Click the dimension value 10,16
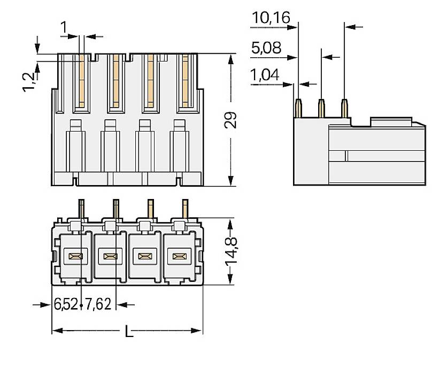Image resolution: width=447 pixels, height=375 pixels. point(271,18)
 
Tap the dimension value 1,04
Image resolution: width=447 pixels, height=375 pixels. point(265,75)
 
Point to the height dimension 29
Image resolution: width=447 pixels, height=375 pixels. point(230,120)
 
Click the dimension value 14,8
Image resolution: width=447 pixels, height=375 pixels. point(231,251)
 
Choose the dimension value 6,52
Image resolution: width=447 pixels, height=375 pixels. point(66,305)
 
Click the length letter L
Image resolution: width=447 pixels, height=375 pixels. point(128,332)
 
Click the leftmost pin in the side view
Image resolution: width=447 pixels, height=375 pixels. point(298,108)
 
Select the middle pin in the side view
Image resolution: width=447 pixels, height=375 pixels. point(321,108)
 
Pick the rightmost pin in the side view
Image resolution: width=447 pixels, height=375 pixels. point(344,108)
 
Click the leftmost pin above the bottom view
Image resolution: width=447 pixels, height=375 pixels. point(81,208)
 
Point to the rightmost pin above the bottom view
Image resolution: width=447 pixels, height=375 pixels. point(185,208)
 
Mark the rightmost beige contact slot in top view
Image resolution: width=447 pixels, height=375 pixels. point(186,80)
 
